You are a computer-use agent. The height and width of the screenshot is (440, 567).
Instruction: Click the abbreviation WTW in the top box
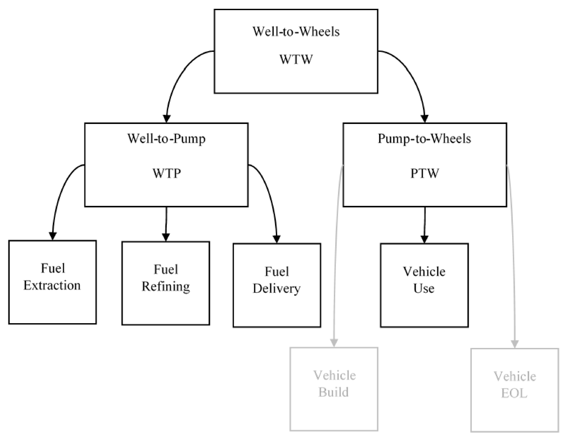[296, 59]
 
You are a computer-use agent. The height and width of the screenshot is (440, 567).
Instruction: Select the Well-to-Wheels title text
[296, 31]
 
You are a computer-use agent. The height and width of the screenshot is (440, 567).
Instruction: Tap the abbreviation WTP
[167, 173]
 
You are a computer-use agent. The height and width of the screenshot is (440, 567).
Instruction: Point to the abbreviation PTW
[425, 173]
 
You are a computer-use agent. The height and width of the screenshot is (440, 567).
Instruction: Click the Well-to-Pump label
[166, 139]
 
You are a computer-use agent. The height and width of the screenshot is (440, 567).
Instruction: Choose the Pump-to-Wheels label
[424, 139]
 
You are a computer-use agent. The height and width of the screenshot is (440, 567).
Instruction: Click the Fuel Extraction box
[53, 282]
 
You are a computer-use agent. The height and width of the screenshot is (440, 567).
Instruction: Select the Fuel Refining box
[166, 283]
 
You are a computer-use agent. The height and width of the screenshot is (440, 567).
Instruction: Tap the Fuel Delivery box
[277, 285]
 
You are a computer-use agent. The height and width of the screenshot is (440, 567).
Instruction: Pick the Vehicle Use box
[424, 285]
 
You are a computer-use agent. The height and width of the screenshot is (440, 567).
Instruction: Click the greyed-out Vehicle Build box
[334, 389]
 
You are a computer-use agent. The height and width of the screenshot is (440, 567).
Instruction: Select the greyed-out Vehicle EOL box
[514, 390]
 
